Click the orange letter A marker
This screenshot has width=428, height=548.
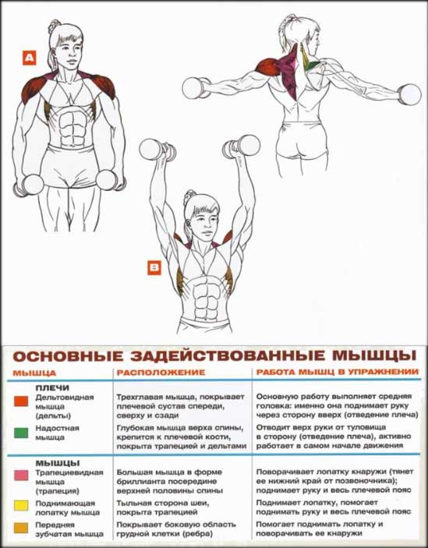click(x=30, y=58)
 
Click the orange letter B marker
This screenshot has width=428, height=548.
click(x=154, y=268)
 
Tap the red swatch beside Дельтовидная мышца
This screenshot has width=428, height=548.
click(x=21, y=401)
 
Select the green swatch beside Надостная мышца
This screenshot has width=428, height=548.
click(x=21, y=433)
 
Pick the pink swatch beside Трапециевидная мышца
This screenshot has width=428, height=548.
click(x=21, y=476)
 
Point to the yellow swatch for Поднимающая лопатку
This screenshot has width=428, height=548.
click(x=21, y=506)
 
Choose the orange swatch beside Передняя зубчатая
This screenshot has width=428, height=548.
click(x=21, y=528)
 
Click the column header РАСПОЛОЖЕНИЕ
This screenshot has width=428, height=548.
click(x=161, y=373)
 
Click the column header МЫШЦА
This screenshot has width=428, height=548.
click(x=34, y=373)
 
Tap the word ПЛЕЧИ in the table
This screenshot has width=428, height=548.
click(x=52, y=388)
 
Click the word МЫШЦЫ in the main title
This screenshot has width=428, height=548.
click(x=374, y=355)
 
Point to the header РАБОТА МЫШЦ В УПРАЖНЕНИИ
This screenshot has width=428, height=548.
click(x=338, y=372)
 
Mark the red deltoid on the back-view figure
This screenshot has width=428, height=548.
click(x=267, y=66)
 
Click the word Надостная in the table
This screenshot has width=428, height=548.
click(x=57, y=428)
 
